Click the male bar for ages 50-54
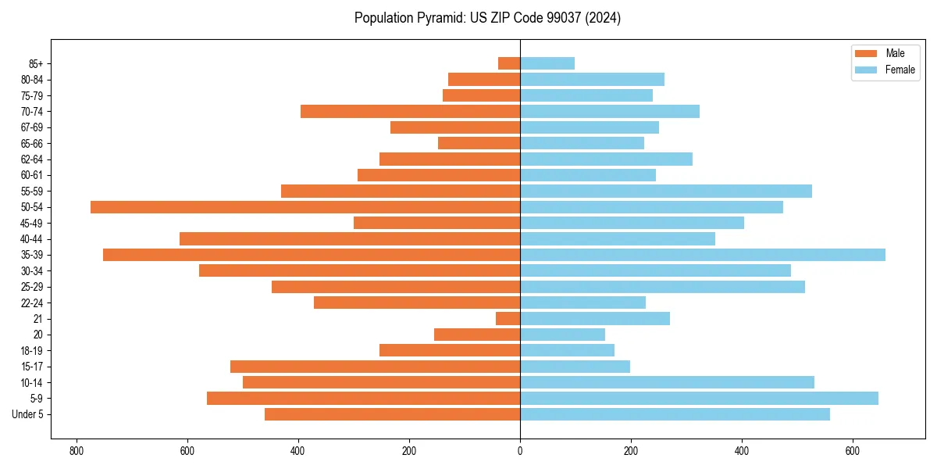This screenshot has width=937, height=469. [x=305, y=207]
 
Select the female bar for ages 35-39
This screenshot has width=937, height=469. [x=703, y=255]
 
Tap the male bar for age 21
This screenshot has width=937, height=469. [x=508, y=319]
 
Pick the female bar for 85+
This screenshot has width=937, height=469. [x=547, y=63]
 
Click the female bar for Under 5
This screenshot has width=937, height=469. [x=675, y=414]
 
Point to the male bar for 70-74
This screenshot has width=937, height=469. [x=411, y=112]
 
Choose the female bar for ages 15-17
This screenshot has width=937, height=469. [x=575, y=367]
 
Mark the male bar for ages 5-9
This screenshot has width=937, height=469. [x=364, y=399]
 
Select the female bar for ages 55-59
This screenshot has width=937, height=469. [x=666, y=192]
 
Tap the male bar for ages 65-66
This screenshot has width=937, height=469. [x=479, y=143]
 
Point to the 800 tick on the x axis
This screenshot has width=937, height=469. [x=77, y=451]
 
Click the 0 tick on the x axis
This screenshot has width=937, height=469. [x=520, y=451]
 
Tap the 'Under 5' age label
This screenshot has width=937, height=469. [x=27, y=414]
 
